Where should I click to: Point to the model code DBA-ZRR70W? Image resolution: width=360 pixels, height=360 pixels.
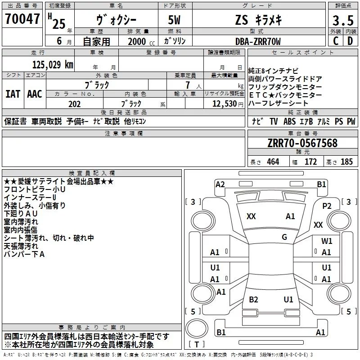(258, 41)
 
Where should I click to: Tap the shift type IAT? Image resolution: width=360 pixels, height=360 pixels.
(13, 94)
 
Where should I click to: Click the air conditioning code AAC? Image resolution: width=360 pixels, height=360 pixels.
(35, 94)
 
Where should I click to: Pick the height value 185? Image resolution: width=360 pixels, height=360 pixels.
(346, 162)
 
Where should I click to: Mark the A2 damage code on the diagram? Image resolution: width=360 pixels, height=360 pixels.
(220, 184)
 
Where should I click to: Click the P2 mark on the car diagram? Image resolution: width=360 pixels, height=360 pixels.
(327, 206)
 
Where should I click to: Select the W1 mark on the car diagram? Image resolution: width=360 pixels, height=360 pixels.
(327, 241)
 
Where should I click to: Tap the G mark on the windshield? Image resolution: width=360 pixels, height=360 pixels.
(284, 237)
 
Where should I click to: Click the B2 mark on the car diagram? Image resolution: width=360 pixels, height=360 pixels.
(254, 300)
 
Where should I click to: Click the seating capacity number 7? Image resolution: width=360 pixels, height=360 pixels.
(186, 85)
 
